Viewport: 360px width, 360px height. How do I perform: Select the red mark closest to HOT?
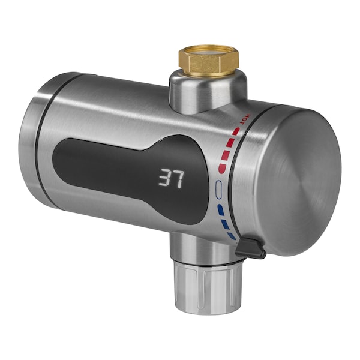[x=236, y=131]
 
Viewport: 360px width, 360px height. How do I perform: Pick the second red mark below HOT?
[x=230, y=142]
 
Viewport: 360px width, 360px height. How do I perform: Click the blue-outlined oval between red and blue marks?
[x=219, y=190]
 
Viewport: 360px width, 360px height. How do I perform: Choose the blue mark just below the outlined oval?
[x=221, y=210]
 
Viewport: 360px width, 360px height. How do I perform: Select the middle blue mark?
[x=226, y=224]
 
